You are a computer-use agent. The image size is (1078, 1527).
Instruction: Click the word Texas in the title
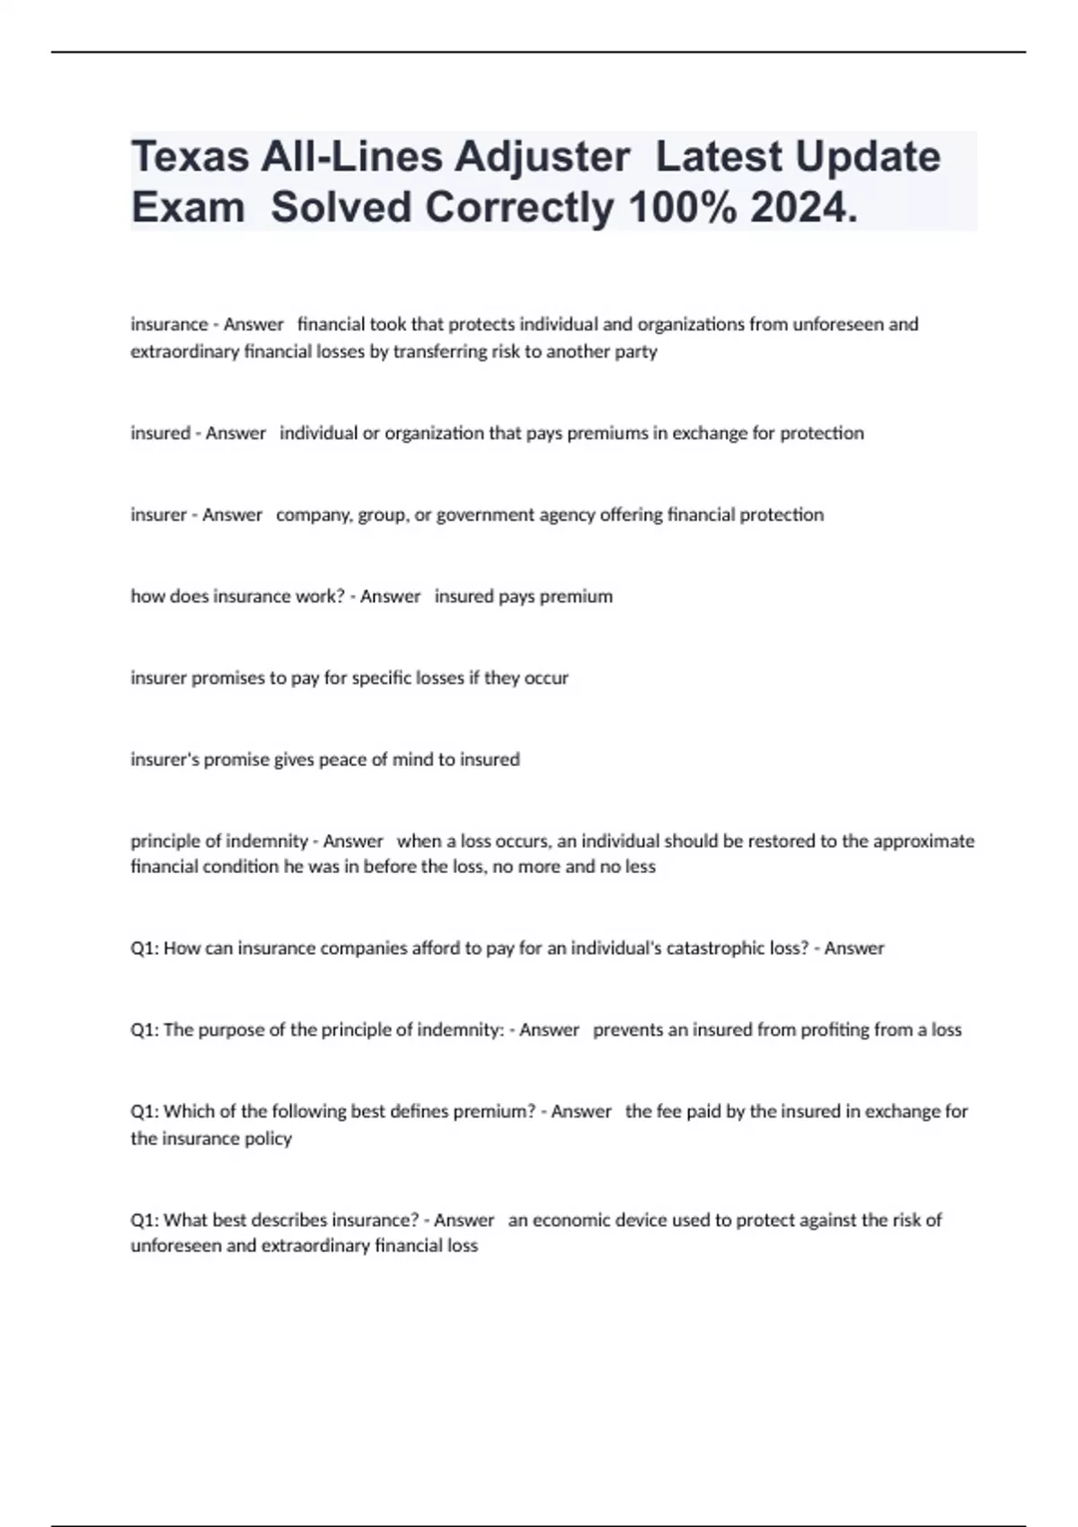(190, 157)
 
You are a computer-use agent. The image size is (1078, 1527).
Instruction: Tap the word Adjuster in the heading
(542, 157)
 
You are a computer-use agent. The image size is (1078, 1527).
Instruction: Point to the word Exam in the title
(188, 208)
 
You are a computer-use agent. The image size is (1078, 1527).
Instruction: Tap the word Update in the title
(868, 157)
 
